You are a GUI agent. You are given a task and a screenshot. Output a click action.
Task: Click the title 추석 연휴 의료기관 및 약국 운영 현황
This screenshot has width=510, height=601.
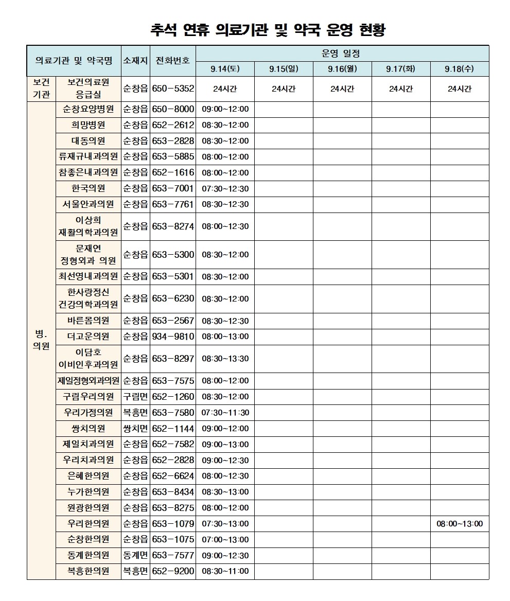(x=268, y=30)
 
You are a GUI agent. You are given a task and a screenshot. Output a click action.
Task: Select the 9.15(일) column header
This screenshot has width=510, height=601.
(x=284, y=68)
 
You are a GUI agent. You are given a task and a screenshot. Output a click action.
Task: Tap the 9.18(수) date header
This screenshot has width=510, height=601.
(x=460, y=68)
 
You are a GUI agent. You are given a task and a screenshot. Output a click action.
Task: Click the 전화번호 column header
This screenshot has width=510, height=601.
(x=173, y=60)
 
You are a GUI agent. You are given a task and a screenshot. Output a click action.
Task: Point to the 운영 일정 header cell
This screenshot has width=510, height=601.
(x=342, y=53)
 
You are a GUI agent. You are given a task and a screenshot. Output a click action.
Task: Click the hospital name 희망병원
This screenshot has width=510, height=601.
(x=88, y=125)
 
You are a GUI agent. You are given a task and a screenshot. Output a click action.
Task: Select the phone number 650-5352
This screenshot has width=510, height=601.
(x=173, y=89)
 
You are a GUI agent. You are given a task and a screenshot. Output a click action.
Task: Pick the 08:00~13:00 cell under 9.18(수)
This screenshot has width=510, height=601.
(x=460, y=524)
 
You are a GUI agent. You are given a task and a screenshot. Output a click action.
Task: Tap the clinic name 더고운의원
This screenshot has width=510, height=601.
(x=88, y=337)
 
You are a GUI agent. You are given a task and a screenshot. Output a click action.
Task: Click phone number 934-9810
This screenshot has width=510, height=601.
(x=173, y=337)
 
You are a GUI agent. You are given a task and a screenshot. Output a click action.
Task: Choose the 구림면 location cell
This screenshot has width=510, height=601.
(x=135, y=396)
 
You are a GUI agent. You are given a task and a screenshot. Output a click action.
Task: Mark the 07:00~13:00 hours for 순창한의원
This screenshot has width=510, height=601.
(x=225, y=540)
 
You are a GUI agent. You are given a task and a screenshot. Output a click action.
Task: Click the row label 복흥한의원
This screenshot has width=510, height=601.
(x=88, y=571)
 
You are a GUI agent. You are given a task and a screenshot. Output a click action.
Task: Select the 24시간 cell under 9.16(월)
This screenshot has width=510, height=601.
(x=342, y=89)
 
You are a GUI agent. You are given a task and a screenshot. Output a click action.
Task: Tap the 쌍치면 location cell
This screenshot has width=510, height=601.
(x=135, y=428)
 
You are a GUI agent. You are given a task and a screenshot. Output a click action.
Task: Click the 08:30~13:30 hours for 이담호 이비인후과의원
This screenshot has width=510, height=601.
(x=225, y=359)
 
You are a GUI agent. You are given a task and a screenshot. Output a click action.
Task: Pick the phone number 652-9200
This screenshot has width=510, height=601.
(x=173, y=571)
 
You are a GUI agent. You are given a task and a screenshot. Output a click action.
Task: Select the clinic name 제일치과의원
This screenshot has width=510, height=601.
(x=88, y=444)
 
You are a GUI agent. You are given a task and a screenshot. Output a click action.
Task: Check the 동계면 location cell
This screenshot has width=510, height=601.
(x=135, y=555)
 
